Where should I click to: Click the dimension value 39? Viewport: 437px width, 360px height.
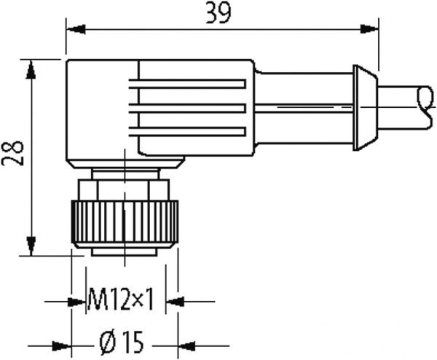pos(214,15)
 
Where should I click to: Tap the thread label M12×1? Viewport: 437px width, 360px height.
pos(120,299)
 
